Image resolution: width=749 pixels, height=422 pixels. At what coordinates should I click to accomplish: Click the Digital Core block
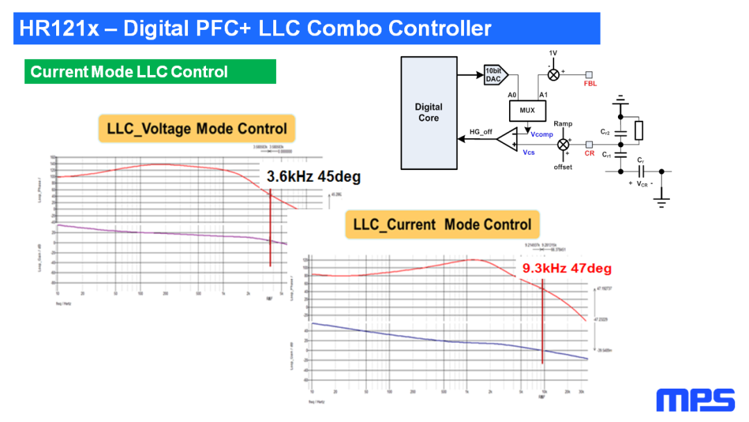[x=429, y=112]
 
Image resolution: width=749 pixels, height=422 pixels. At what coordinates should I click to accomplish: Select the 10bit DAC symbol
[x=495, y=74]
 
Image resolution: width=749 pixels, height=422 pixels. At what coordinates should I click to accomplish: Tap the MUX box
[x=527, y=110]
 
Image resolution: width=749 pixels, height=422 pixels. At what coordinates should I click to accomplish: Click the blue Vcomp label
[x=542, y=134]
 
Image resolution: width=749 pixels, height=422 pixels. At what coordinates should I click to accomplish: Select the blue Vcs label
[x=528, y=153]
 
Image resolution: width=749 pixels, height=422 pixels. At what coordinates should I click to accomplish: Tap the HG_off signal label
[x=481, y=131]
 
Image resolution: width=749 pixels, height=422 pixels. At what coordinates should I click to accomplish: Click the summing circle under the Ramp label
[x=563, y=144]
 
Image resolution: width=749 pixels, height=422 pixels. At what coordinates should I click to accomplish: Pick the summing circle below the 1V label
[x=553, y=74]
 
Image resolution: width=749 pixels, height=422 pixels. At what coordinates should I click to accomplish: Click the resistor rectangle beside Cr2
[x=639, y=130]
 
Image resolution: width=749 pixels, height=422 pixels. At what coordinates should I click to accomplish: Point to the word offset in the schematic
[x=563, y=167]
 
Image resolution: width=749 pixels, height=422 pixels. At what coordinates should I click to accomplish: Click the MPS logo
[x=695, y=400]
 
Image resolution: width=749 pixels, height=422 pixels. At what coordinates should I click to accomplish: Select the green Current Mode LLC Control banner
[x=150, y=71]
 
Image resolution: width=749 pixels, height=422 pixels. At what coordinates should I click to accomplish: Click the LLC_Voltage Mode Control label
[x=197, y=129]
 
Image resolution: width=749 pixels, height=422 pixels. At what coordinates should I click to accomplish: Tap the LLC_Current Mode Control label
[x=442, y=224]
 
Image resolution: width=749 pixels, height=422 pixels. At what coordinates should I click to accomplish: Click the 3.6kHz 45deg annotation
[x=314, y=177]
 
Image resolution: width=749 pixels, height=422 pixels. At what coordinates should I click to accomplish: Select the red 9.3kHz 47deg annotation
[x=567, y=269]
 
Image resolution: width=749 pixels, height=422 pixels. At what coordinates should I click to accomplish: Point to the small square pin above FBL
[x=589, y=74]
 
